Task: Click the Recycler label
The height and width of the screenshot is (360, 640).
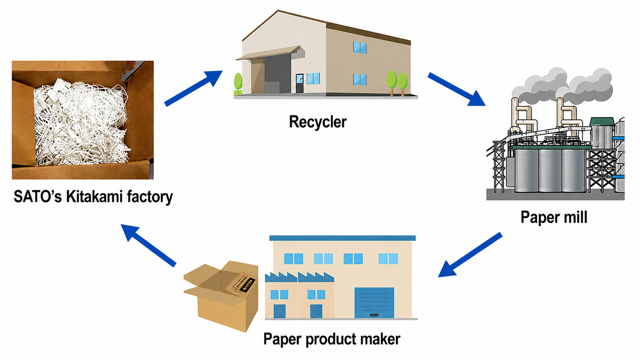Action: (x=318, y=122)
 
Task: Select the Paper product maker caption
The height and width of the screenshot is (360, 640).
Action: (x=332, y=339)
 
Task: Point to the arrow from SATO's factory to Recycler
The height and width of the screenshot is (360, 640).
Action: (x=193, y=88)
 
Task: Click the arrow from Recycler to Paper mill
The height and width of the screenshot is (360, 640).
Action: (x=457, y=89)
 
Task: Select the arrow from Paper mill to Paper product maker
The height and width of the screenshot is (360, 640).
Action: (x=470, y=255)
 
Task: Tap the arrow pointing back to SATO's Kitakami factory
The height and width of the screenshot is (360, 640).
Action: (x=148, y=245)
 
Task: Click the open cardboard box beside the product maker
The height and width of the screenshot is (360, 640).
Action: (x=221, y=296)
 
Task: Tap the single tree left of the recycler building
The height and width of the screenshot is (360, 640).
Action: (x=238, y=84)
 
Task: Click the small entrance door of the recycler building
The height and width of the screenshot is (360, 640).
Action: (x=299, y=83)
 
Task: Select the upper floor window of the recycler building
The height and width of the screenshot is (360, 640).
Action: (x=360, y=47)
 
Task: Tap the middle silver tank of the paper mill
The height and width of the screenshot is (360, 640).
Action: (x=550, y=171)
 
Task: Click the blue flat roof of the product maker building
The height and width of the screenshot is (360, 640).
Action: (x=342, y=238)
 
